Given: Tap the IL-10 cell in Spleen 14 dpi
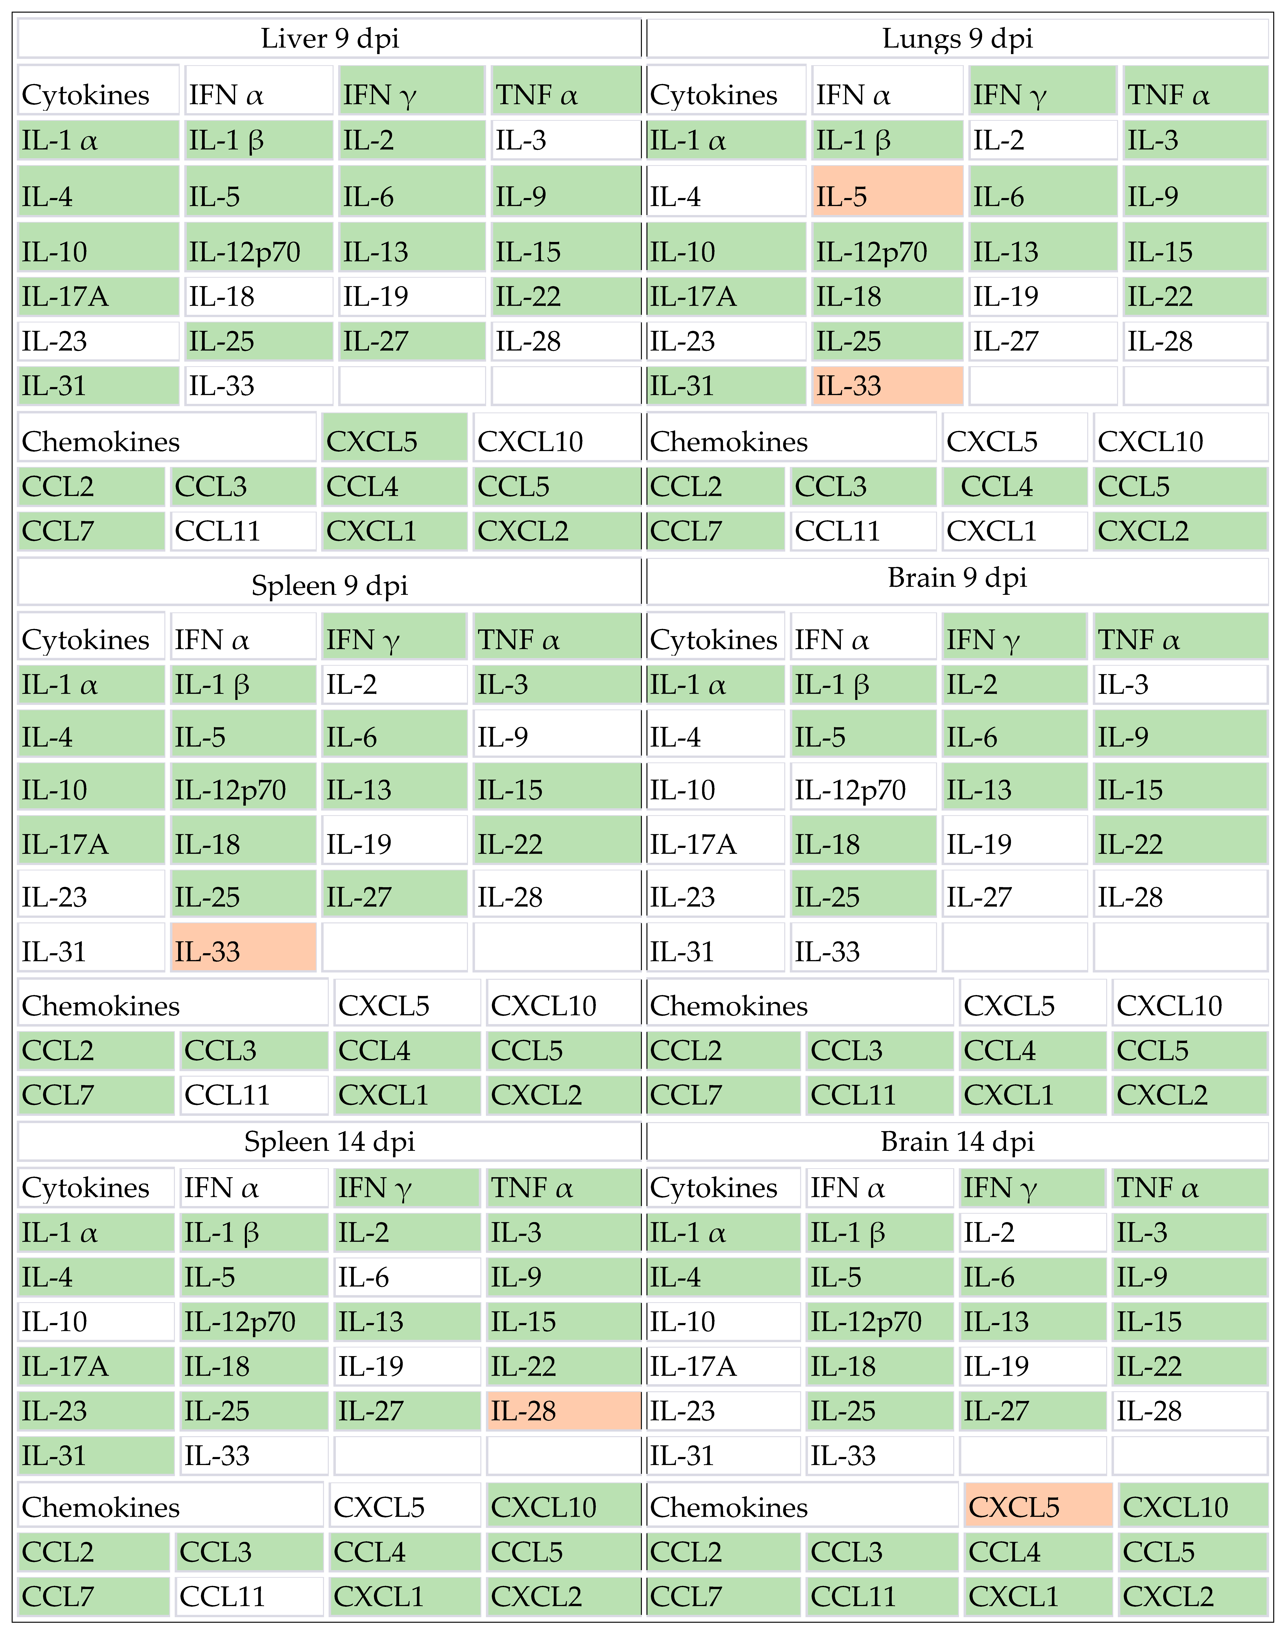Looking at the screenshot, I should (96, 1321).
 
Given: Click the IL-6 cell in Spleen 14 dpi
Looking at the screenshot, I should (407, 1277).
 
